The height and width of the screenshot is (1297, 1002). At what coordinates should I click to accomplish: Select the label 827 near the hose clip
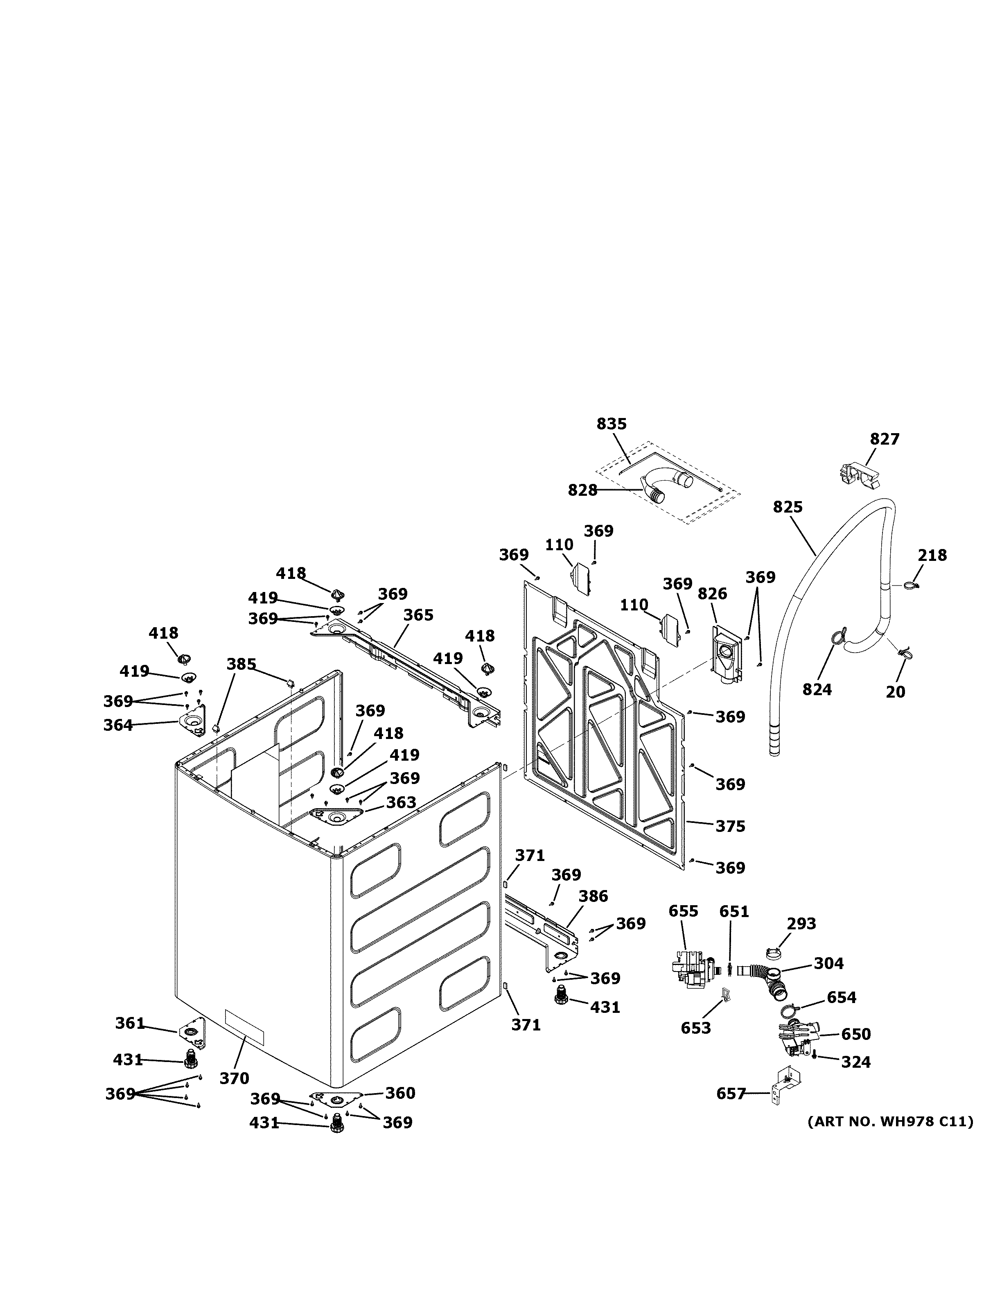pos(885,439)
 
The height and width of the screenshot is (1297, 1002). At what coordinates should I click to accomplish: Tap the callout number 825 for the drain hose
pos(788,507)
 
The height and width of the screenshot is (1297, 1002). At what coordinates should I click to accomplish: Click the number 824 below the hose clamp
pos(817,689)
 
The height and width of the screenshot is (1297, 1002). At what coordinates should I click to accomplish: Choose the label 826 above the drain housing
pos(712,593)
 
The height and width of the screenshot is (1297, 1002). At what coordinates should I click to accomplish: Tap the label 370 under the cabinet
pos(235,1078)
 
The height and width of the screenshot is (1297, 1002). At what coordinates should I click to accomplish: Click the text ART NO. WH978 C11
pos(890,1122)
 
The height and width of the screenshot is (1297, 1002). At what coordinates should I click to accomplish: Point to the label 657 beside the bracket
pos(731,1093)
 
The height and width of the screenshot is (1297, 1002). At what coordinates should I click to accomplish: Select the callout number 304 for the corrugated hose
pos(828,963)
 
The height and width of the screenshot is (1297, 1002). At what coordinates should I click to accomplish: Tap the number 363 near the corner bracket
pos(401,802)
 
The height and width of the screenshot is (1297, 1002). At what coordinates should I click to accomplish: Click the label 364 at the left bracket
pos(118,725)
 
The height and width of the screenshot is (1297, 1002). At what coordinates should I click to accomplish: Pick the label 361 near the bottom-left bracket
pos(129,1023)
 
